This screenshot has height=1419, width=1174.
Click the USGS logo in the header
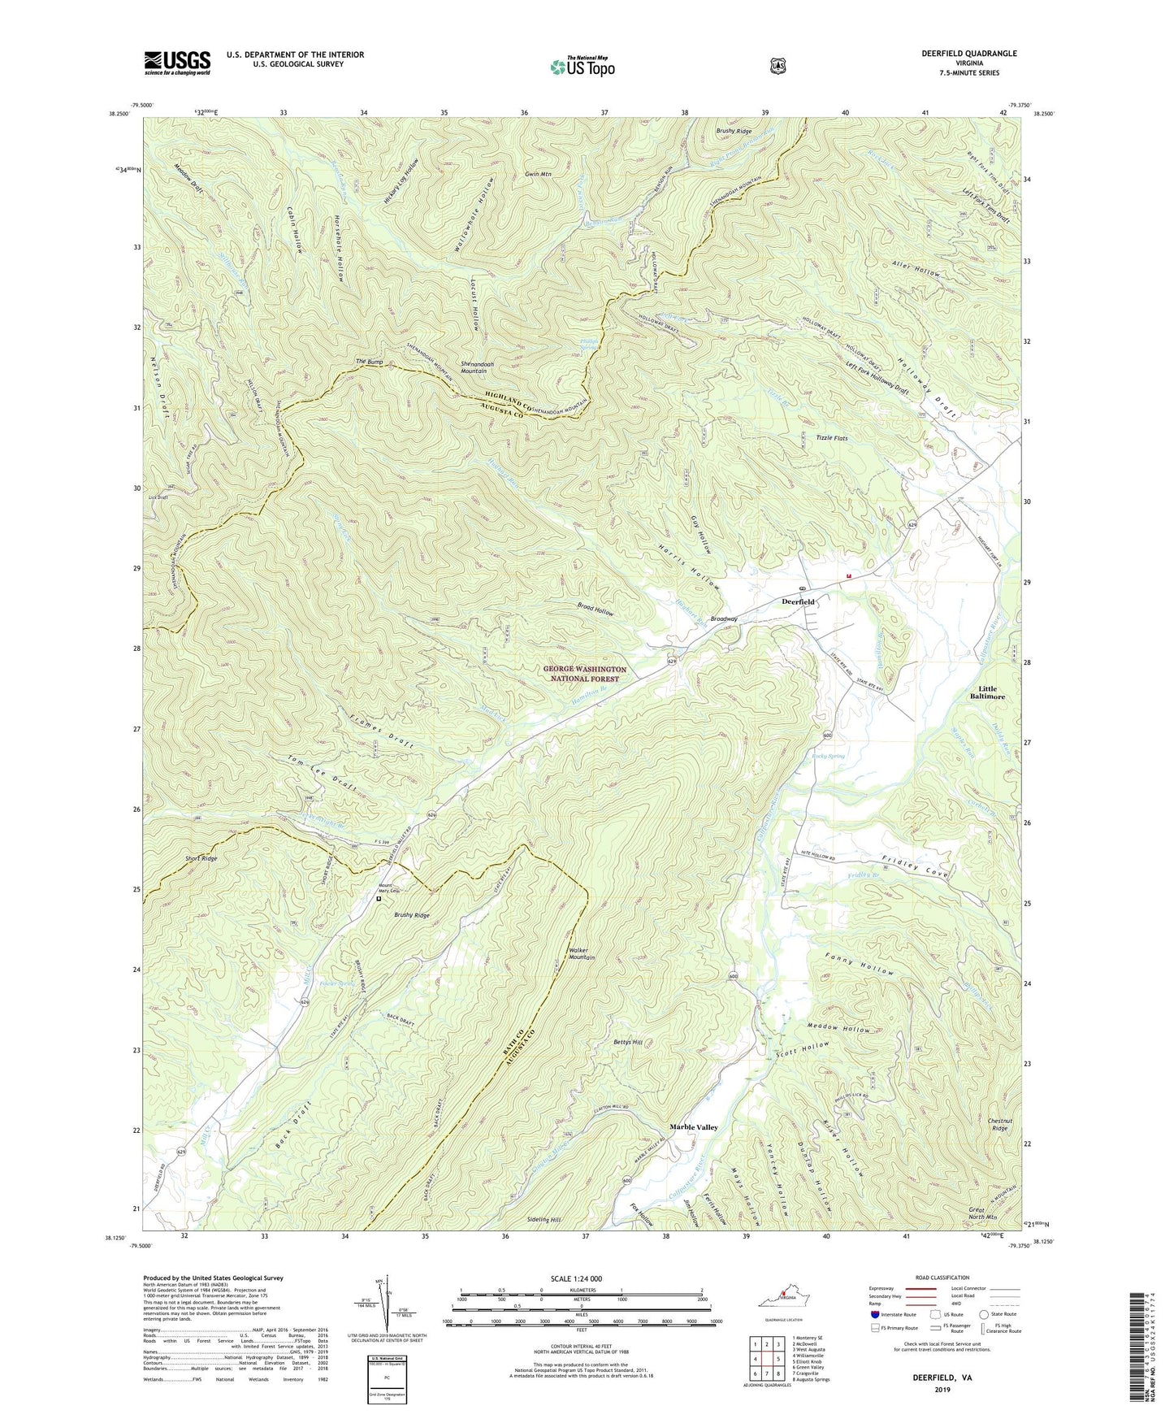177,63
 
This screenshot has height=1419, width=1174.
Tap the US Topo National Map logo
582,66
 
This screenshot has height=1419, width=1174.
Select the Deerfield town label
798,601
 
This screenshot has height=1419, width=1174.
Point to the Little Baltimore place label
987,692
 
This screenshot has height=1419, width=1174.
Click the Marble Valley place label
693,1127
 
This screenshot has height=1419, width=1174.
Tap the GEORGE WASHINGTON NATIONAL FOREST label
585,674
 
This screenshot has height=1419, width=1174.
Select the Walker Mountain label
582,953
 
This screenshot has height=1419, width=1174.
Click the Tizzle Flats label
831,438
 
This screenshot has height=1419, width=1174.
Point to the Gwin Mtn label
538,174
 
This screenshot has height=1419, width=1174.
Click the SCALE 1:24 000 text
576,1278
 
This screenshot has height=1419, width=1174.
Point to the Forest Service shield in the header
778,66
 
